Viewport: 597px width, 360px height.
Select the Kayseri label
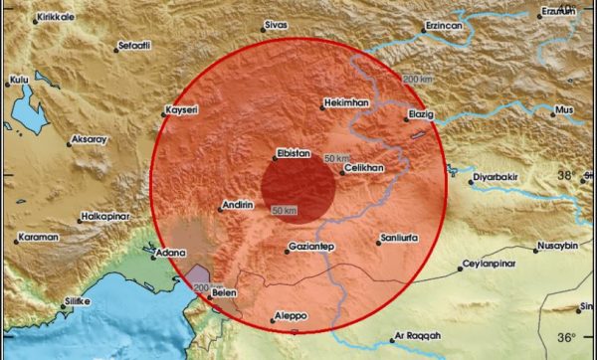pyautogui.click(x=187, y=108)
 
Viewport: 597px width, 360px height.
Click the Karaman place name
pyautogui.click(x=41, y=239)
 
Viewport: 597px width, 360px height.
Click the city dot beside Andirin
pyautogui.click(x=219, y=207)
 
